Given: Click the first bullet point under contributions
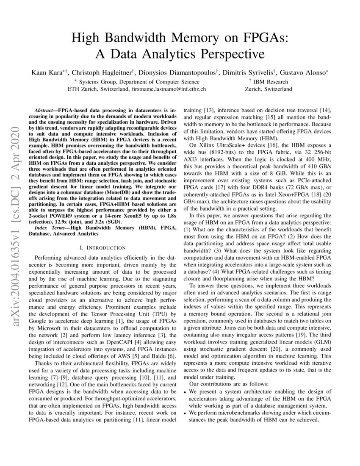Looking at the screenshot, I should pos(185,392).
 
